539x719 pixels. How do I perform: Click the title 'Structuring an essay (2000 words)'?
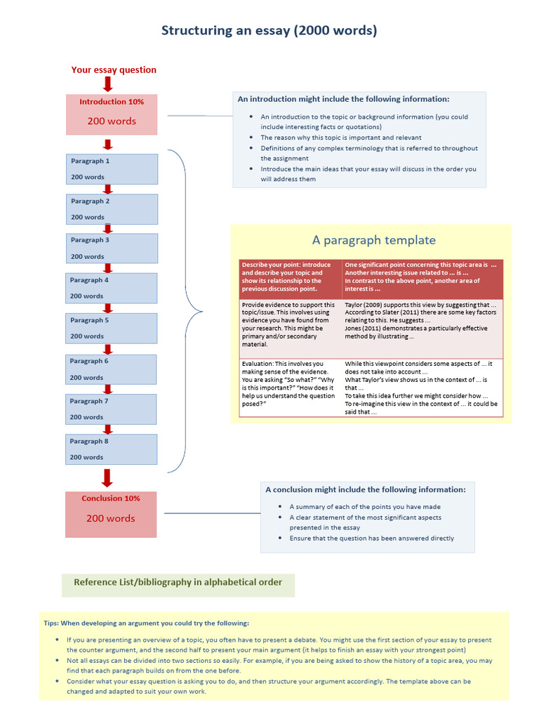(269, 30)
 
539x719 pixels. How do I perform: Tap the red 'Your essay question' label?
(114, 70)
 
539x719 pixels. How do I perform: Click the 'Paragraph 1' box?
(112, 169)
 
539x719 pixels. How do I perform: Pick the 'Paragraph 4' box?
(112, 288)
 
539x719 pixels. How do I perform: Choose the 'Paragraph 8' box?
(112, 449)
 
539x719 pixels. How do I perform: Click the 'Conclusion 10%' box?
(111, 514)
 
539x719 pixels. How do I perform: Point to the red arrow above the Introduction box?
(107, 84)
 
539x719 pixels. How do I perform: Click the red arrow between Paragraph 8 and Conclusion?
(107, 477)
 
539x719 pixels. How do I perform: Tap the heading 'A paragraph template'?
(373, 240)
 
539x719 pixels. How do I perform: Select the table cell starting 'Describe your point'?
(290, 277)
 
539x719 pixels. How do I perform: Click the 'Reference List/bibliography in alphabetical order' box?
(178, 582)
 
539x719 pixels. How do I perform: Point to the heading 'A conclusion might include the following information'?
(365, 489)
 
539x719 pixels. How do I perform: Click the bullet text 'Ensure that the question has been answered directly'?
(371, 539)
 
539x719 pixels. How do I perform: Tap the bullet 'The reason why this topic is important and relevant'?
(351, 138)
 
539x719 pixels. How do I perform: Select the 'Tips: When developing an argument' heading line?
(146, 623)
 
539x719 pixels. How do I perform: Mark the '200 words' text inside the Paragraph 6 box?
(87, 377)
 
